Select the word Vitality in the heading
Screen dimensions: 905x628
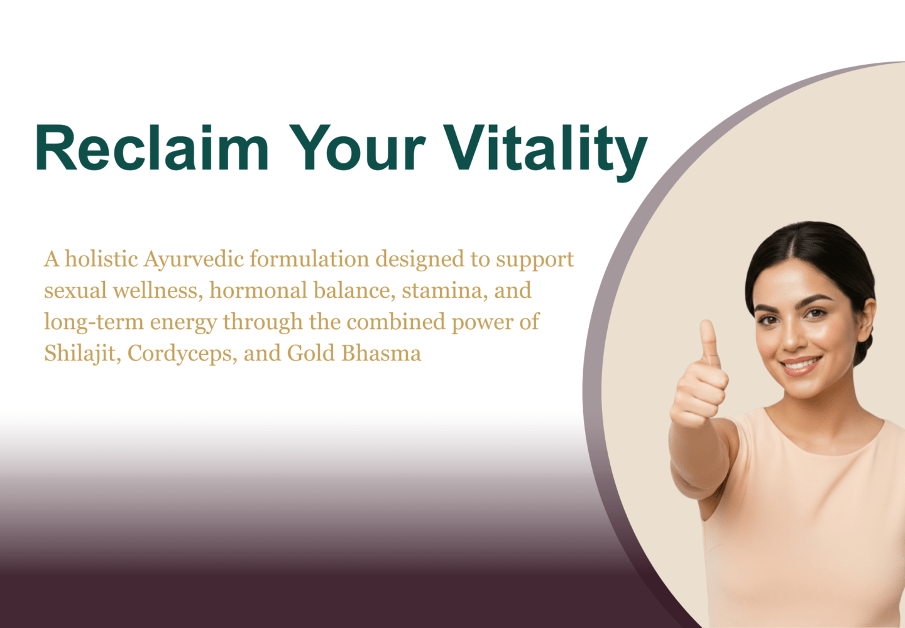pyautogui.click(x=546, y=153)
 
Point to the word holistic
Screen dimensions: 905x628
pyautogui.click(x=101, y=259)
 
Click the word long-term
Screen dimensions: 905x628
pyautogui.click(x=94, y=323)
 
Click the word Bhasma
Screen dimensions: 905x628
pyautogui.click(x=381, y=353)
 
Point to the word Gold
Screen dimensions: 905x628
pyautogui.click(x=311, y=353)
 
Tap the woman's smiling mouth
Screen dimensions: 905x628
pyautogui.click(x=801, y=365)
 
